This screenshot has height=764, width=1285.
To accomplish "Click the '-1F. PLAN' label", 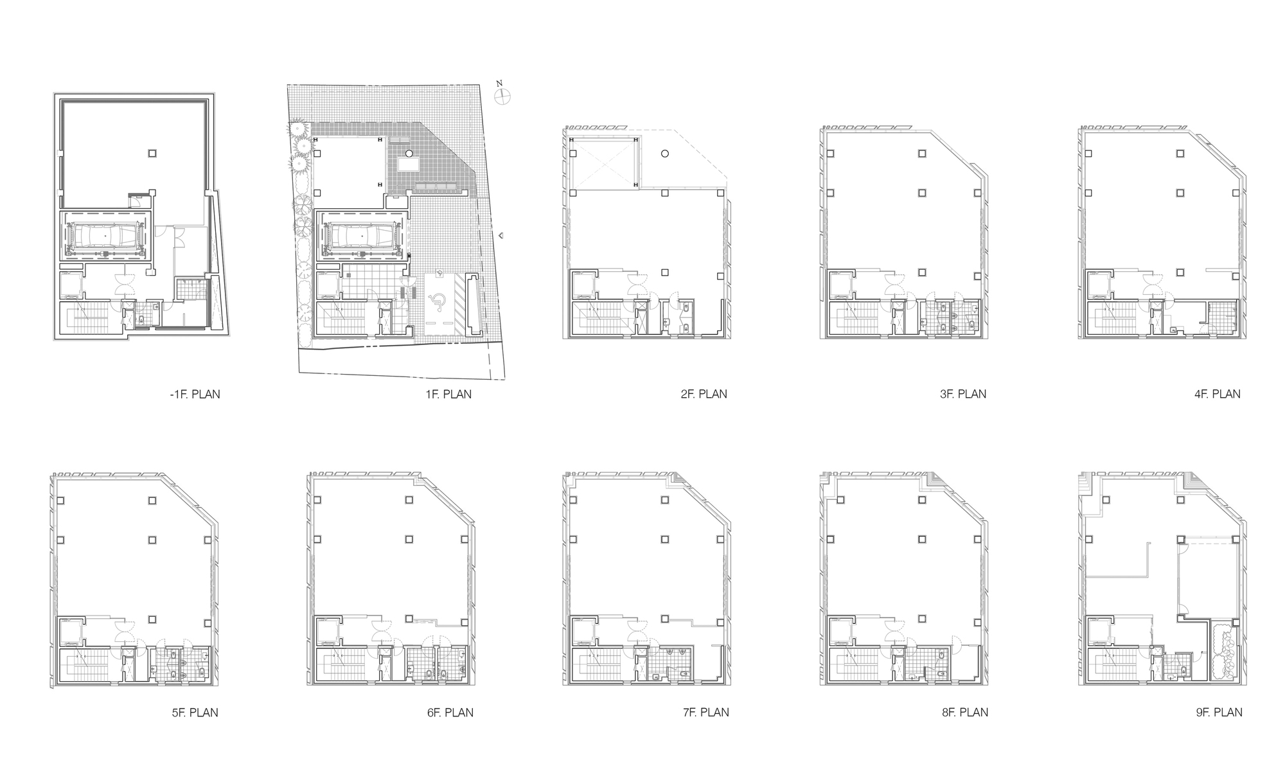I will (x=195, y=394).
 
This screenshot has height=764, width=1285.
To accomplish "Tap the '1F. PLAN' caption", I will (x=448, y=394).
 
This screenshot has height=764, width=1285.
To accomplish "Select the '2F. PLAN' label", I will (x=704, y=394).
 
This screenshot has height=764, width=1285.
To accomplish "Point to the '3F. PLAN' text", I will (x=962, y=394).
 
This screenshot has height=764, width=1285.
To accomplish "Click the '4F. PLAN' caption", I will (x=1218, y=394).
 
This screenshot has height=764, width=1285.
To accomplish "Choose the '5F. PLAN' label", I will (x=195, y=712).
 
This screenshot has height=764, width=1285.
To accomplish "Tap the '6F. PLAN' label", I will (x=450, y=712).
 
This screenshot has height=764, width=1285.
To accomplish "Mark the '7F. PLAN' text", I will (x=705, y=712).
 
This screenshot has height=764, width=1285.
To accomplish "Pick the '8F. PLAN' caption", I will (x=964, y=712).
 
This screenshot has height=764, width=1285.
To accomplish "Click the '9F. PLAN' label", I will (x=1219, y=712).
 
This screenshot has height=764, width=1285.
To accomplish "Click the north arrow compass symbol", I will (x=502, y=96).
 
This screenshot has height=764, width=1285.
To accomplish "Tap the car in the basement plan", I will (x=105, y=236).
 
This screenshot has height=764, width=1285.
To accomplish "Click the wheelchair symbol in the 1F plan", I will (x=438, y=299).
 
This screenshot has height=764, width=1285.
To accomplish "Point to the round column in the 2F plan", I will (x=665, y=154).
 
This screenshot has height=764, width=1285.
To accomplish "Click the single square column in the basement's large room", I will (x=152, y=154).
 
